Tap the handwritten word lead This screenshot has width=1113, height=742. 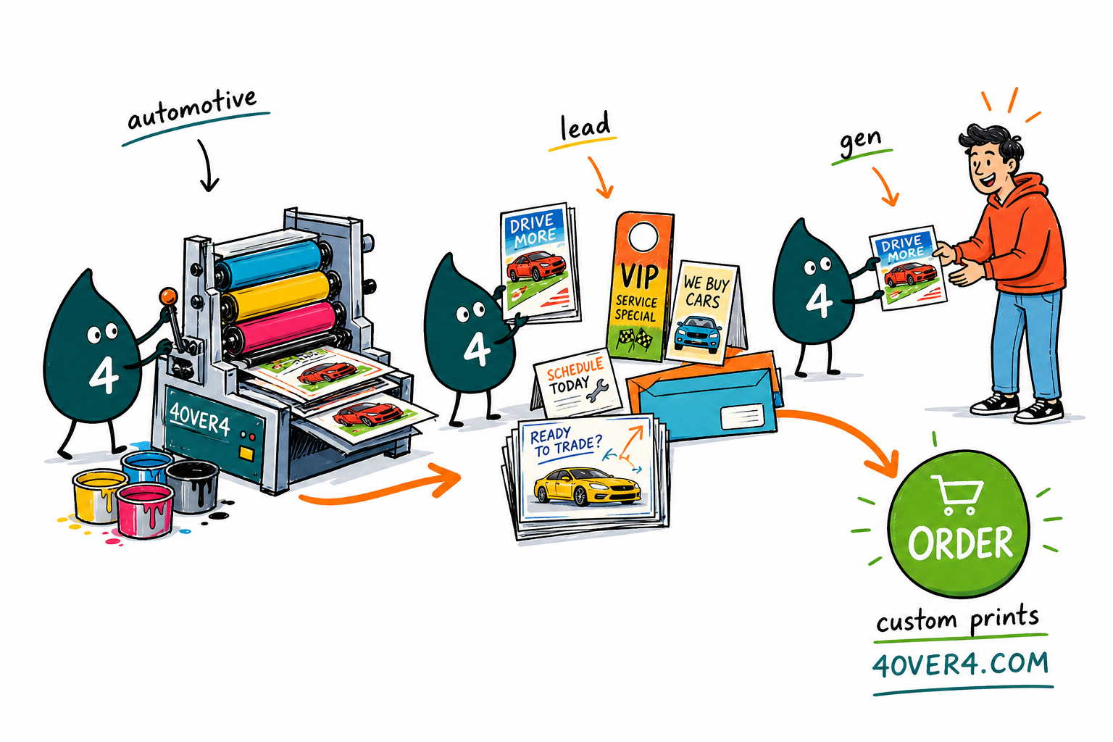[585, 126]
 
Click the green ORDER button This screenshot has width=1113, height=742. [959, 523]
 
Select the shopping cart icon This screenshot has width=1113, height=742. [957, 494]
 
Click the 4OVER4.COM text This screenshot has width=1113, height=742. [960, 665]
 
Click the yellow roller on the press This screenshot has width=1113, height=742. [276, 294]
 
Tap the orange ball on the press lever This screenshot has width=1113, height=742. [168, 296]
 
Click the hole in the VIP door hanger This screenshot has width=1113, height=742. [643, 236]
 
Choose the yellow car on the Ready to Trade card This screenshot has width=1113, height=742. [586, 486]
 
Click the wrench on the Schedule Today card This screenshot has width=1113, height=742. [597, 390]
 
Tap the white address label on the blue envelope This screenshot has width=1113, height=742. [742, 417]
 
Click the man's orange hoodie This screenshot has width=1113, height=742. [1014, 233]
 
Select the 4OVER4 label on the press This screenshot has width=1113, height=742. [199, 419]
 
